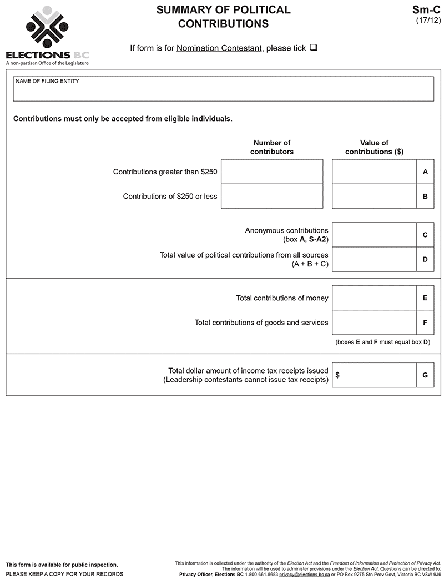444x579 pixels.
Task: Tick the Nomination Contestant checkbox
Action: point(314,48)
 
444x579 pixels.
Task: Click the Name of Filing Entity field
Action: point(223,89)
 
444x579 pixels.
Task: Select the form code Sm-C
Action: point(426,9)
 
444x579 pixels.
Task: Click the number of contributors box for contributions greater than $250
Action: point(271,172)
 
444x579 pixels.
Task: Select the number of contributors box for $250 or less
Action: point(271,196)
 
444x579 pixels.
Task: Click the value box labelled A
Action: point(374,172)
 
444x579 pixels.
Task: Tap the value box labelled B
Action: point(374,196)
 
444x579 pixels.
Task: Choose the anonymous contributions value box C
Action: point(374,235)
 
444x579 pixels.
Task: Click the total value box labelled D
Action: point(374,259)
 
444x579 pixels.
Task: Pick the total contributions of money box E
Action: point(374,298)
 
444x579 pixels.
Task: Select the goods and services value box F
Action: point(374,323)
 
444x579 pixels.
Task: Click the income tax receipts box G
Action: point(377,375)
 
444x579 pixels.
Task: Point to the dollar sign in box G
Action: point(337,375)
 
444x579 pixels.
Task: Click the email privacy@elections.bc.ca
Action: point(304,575)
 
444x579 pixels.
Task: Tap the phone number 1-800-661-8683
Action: point(261,575)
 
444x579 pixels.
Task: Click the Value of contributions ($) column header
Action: point(374,147)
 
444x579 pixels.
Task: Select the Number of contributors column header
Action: point(272,147)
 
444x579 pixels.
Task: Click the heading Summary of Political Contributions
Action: point(223,17)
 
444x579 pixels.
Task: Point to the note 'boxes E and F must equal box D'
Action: point(382,342)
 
